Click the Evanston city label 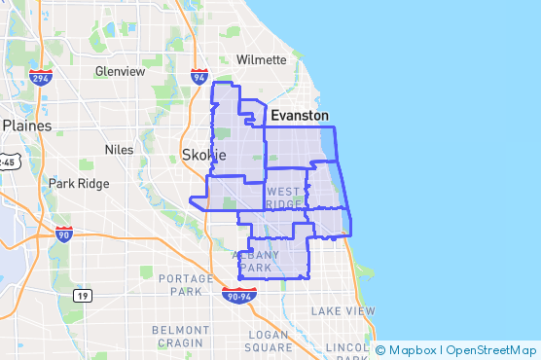tap(299, 115)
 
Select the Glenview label tap(120, 71)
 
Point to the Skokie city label tap(204, 155)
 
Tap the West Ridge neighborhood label tap(284, 198)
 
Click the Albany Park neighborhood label tap(258, 261)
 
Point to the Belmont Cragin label tap(180, 336)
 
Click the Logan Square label tap(269, 341)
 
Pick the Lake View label tap(343, 310)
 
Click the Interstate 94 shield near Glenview tap(199, 77)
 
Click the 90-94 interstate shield tap(238, 293)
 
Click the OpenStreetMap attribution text tap(491, 350)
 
